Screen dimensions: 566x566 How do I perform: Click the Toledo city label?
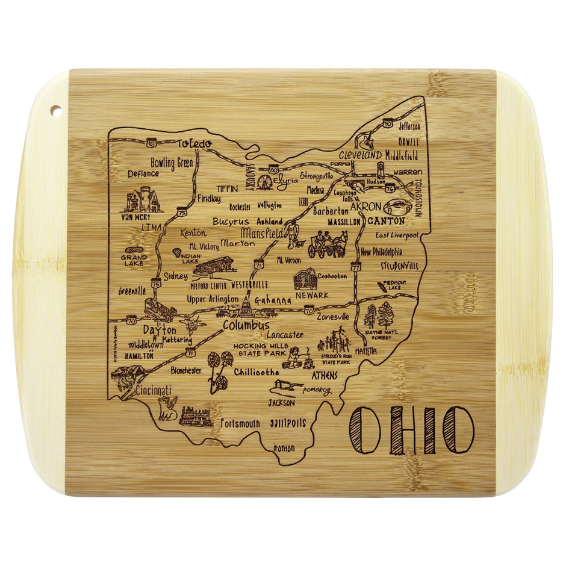coord(194,144)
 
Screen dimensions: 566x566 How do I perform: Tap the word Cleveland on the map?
coord(360,155)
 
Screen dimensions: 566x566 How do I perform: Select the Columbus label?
coord(246,325)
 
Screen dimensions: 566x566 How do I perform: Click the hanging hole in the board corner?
coord(55,111)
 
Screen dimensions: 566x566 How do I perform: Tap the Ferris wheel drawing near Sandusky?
coord(264,181)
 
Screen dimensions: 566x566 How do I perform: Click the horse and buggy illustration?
coord(327,244)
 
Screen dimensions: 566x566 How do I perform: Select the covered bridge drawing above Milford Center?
coord(213,266)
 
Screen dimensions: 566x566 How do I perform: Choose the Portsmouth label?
coord(240,423)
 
